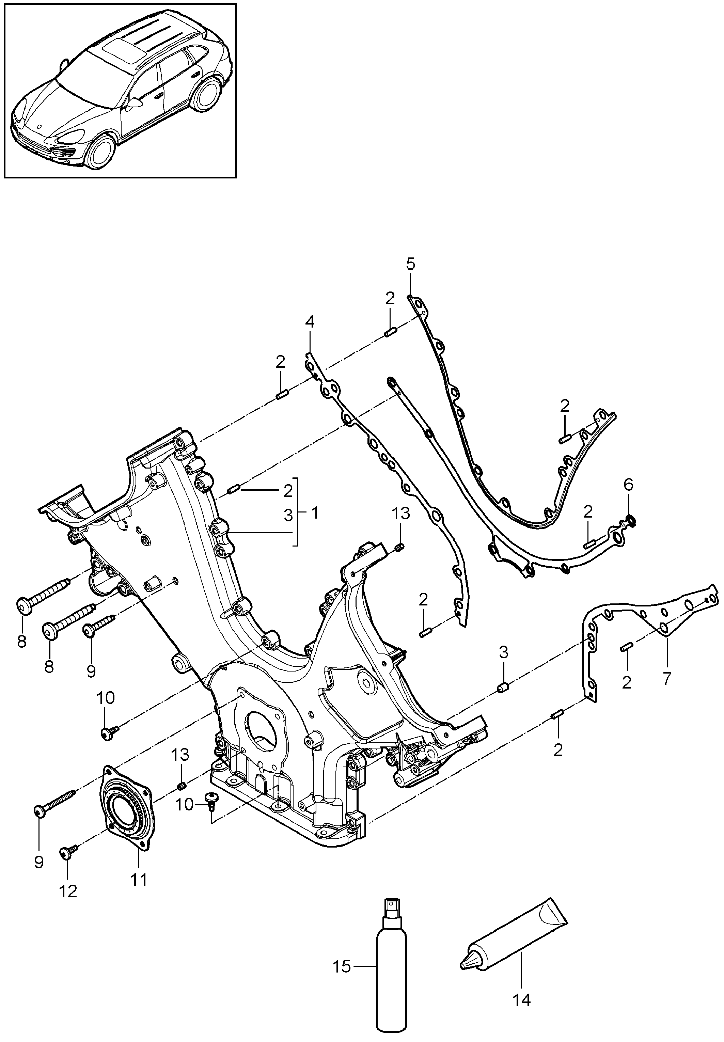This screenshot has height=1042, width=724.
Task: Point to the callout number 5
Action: (411, 264)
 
